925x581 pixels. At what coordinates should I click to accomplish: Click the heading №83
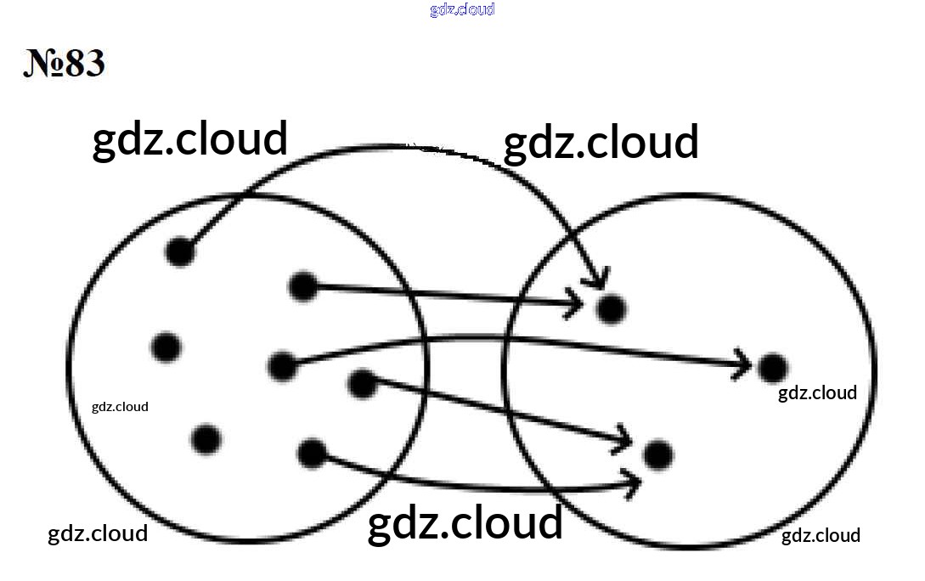point(65,63)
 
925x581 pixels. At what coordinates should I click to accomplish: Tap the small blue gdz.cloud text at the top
point(462,9)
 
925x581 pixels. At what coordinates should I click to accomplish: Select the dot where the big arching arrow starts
point(181,251)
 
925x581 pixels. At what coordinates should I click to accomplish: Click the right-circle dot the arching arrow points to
point(611,307)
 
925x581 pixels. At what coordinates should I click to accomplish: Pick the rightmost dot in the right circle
point(772,367)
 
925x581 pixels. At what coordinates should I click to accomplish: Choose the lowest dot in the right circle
point(657,454)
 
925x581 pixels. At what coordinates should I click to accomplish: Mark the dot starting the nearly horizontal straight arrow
point(302,286)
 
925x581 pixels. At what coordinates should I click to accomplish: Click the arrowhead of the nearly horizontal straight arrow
point(573,303)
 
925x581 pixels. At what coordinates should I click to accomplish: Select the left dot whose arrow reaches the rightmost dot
point(282,366)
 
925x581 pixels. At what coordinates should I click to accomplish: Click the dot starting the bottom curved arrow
point(312,453)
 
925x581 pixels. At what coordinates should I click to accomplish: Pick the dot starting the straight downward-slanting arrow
point(362,383)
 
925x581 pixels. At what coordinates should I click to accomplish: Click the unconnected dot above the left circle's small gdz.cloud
point(166,347)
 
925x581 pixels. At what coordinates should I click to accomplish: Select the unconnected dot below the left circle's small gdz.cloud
point(206,439)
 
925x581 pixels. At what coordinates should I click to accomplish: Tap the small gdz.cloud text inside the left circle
point(120,406)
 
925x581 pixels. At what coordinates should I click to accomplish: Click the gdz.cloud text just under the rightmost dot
point(817,392)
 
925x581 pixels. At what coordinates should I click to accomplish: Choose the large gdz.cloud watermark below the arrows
point(465,522)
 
